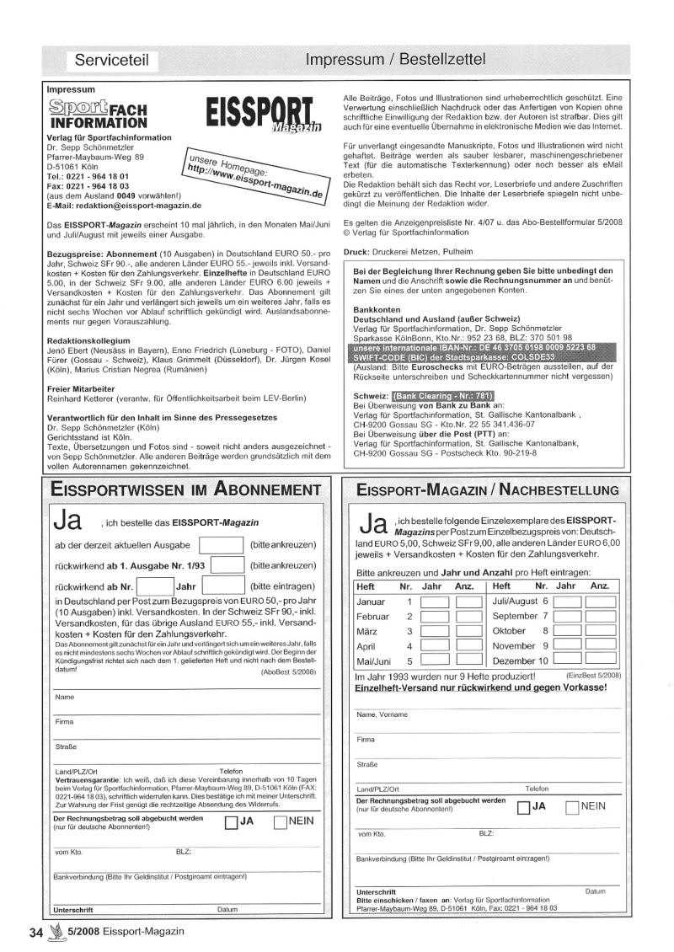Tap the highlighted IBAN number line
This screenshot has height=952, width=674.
click(474, 347)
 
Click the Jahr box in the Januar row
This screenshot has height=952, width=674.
click(434, 602)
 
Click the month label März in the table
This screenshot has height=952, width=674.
click(366, 631)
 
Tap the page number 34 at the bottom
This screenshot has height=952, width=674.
click(35, 931)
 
